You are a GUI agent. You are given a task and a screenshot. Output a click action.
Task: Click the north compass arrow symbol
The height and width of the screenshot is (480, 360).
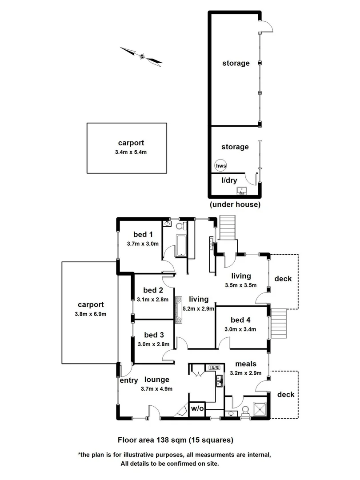(x=141, y=56)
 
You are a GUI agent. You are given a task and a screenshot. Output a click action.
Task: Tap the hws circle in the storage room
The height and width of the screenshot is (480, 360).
(x=221, y=166)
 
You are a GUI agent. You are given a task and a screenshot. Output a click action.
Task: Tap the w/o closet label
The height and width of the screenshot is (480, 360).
(x=197, y=408)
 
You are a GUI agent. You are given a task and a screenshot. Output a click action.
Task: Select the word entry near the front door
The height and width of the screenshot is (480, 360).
(x=129, y=380)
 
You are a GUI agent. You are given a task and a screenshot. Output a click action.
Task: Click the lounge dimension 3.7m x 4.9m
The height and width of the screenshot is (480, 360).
(x=156, y=388)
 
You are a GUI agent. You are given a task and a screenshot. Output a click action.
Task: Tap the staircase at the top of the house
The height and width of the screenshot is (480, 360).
(x=228, y=229)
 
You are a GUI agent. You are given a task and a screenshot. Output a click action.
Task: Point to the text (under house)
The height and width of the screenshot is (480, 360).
(x=235, y=205)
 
